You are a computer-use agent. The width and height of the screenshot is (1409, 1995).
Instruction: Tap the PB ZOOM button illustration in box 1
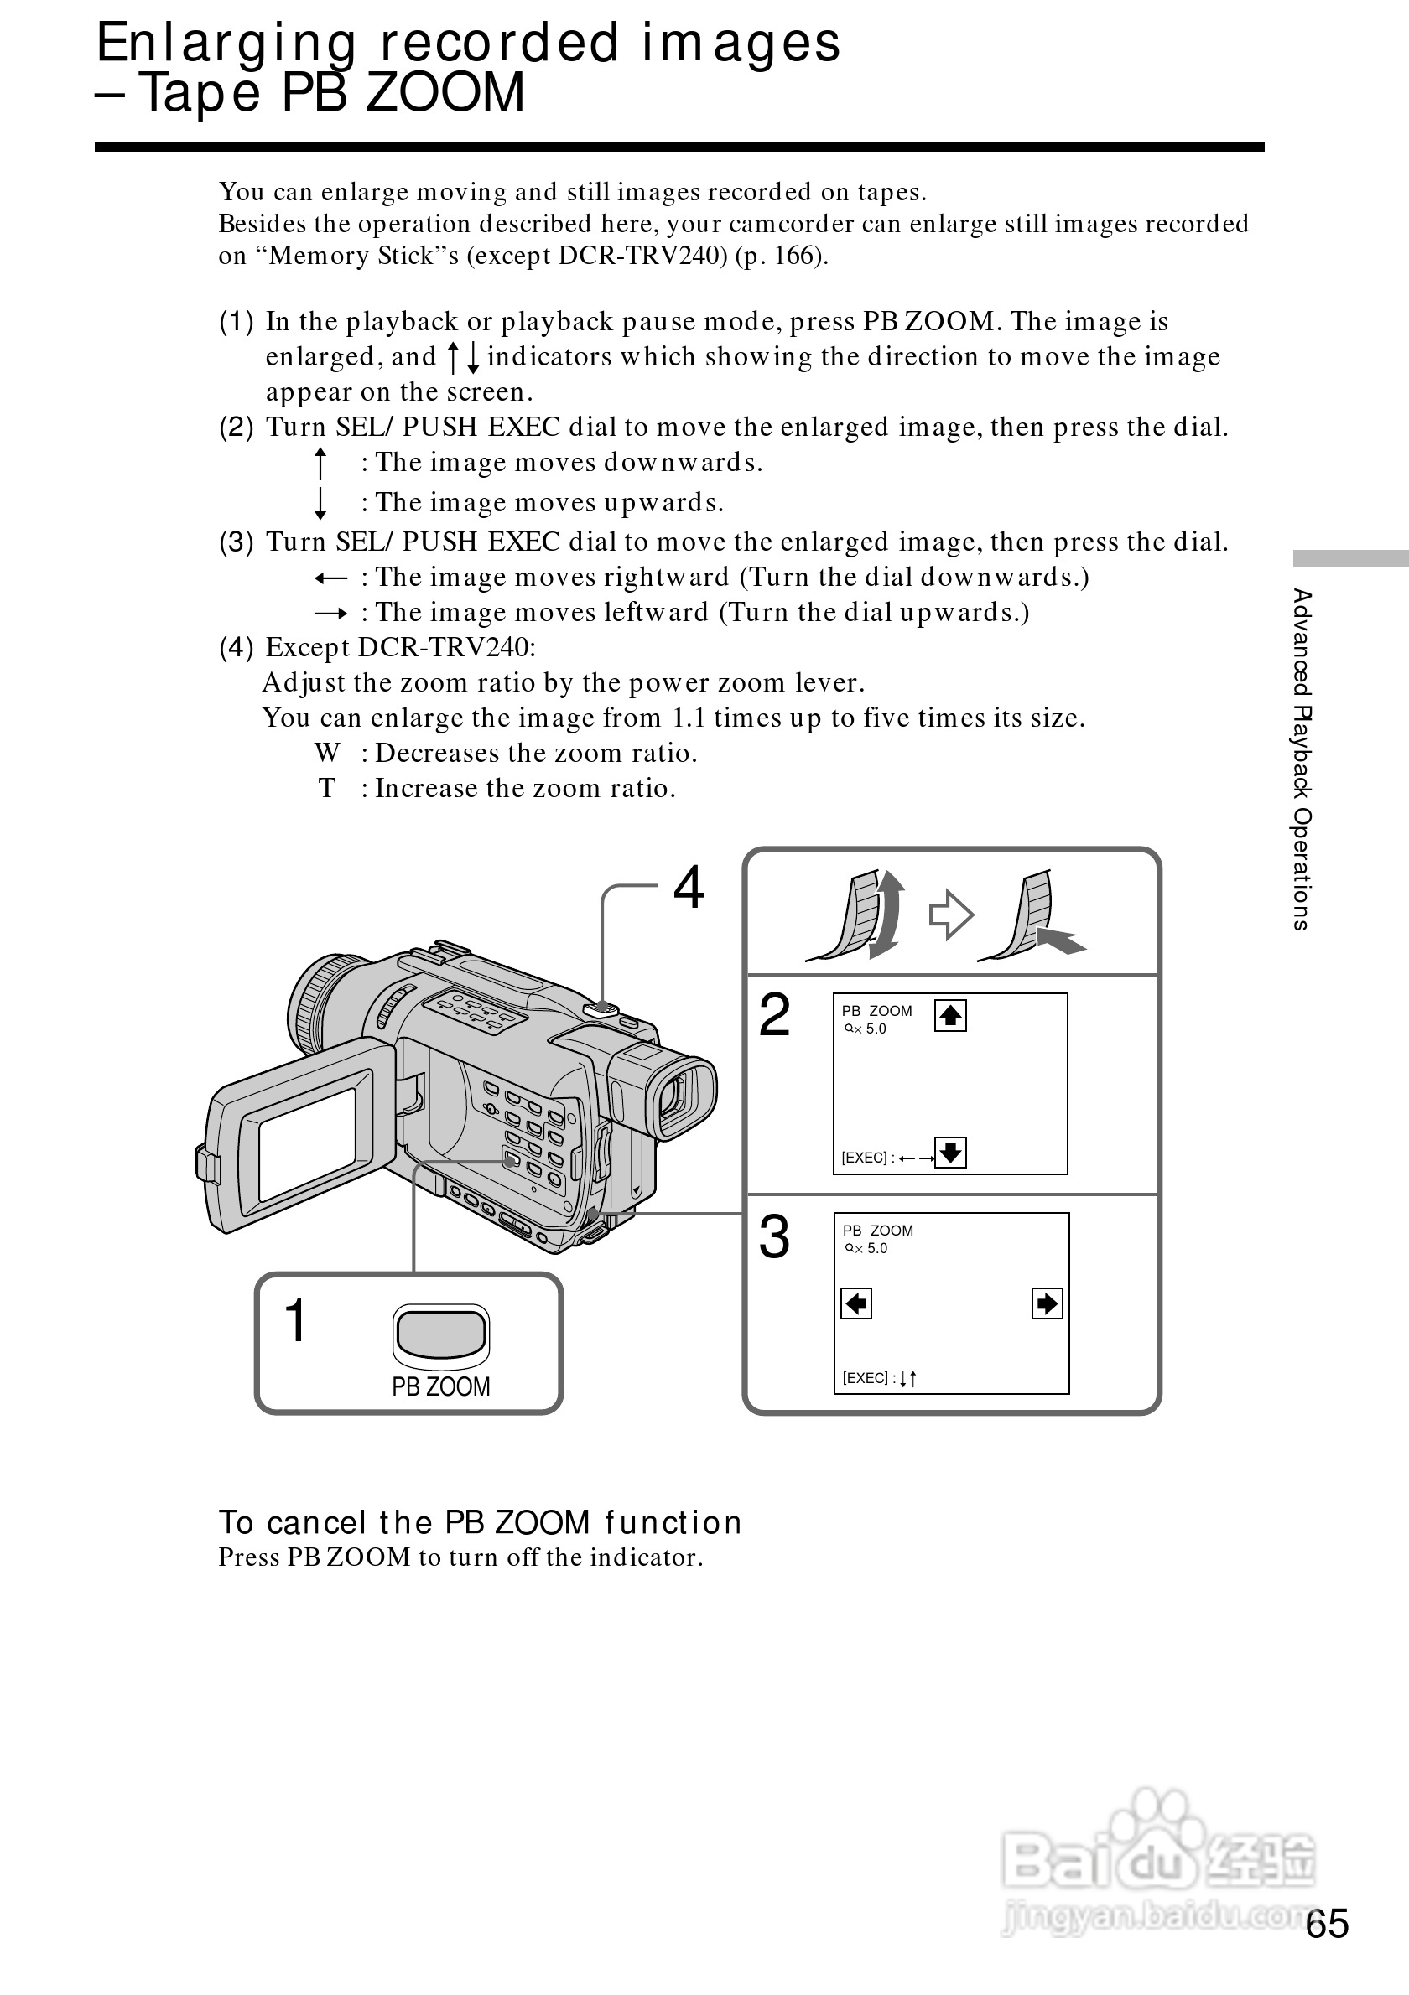coord(440,1334)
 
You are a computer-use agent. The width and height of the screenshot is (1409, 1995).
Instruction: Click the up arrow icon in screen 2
coord(950,1015)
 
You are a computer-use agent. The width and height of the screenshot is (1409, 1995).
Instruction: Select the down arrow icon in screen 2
coord(950,1153)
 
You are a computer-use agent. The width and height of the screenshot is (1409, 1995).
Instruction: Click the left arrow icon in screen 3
coord(856,1303)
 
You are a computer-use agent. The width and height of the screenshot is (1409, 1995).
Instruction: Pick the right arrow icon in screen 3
coord(1047,1303)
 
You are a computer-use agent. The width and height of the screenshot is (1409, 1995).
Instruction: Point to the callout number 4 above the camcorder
coord(689,888)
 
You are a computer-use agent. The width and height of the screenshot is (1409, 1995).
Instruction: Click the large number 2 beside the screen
coord(774,1015)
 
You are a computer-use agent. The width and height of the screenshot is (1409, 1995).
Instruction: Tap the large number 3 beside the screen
coord(774,1237)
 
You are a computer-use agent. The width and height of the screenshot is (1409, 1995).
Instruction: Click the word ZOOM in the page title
coord(445,93)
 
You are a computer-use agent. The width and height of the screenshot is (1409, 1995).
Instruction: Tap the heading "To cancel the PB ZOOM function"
coord(480,1522)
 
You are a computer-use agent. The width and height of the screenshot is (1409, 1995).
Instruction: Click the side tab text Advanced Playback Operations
coord(1301,759)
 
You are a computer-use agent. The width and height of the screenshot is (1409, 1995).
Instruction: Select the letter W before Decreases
coord(327,753)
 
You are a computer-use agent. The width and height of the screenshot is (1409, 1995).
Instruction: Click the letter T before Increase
coord(327,788)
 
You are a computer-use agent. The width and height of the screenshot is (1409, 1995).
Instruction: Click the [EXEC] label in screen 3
coord(865,1378)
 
